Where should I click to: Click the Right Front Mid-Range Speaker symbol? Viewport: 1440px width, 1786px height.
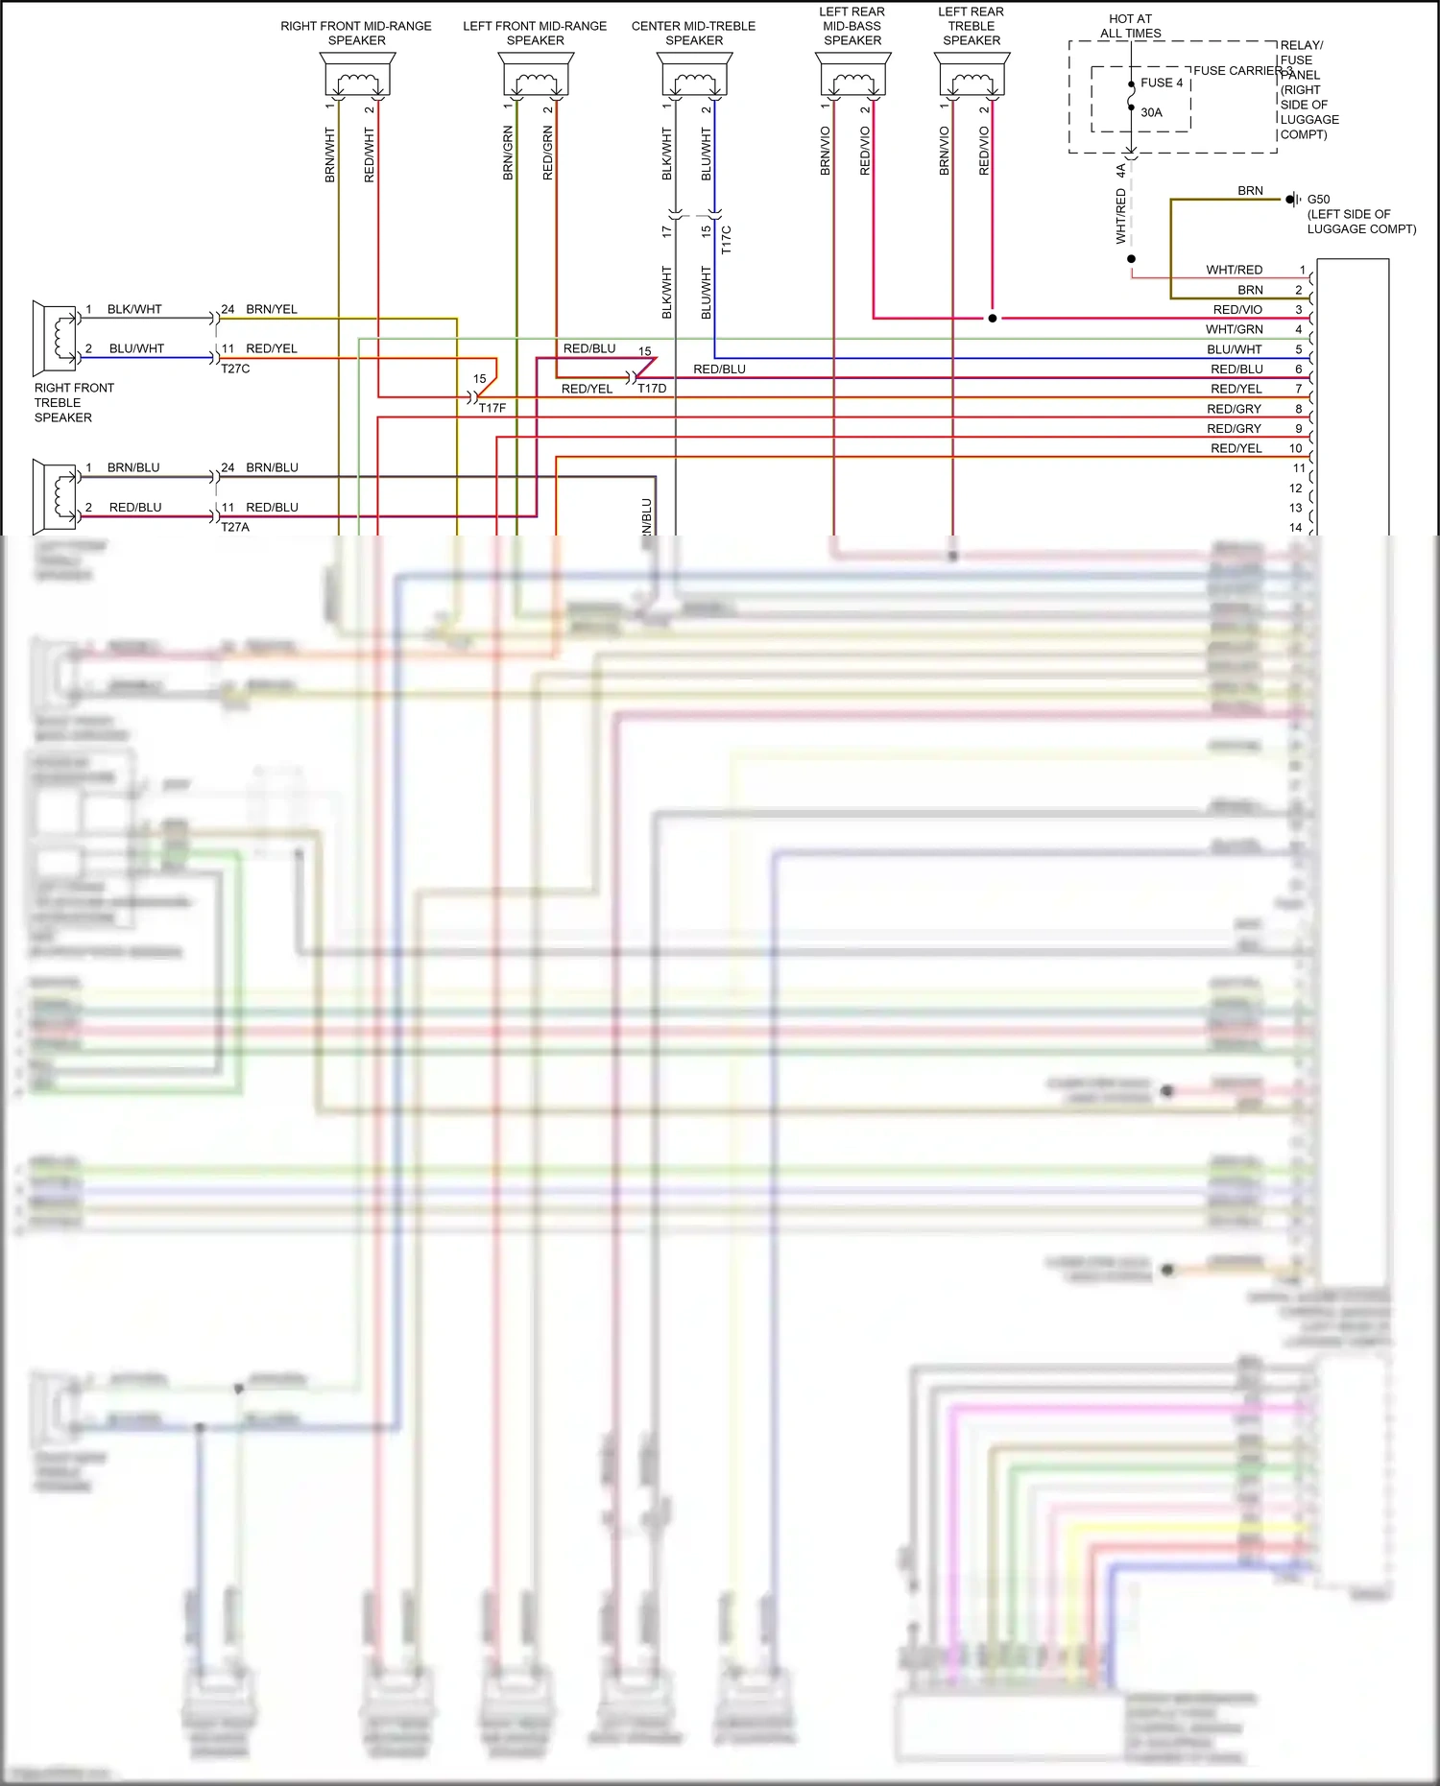[356, 75]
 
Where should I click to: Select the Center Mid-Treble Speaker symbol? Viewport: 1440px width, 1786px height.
[694, 75]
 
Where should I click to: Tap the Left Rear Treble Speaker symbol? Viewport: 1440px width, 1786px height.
[972, 75]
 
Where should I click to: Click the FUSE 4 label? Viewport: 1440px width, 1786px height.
[1162, 83]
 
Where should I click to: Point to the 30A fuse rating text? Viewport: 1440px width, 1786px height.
[1151, 112]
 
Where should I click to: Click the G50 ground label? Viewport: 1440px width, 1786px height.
[1318, 200]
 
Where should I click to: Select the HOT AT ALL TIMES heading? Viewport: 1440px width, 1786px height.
[1130, 26]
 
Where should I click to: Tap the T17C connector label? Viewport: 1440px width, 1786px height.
[726, 240]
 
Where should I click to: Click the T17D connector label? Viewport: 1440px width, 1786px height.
[652, 389]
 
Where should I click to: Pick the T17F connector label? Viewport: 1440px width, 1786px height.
[492, 408]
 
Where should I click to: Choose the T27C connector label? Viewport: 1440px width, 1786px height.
[235, 369]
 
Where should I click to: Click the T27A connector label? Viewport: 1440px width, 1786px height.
[235, 527]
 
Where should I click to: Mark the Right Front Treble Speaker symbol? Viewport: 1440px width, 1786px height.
[56, 338]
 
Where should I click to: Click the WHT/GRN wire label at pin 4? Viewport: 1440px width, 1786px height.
[1235, 329]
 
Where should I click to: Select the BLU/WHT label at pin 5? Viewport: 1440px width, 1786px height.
[1235, 349]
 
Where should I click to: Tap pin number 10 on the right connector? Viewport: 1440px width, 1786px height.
[1295, 448]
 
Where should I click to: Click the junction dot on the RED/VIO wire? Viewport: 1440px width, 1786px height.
[993, 318]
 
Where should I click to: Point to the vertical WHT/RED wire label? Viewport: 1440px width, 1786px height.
[1120, 216]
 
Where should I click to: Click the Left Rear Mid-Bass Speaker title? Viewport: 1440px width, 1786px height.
[852, 26]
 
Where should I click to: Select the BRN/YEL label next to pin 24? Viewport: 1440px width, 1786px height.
[272, 309]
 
